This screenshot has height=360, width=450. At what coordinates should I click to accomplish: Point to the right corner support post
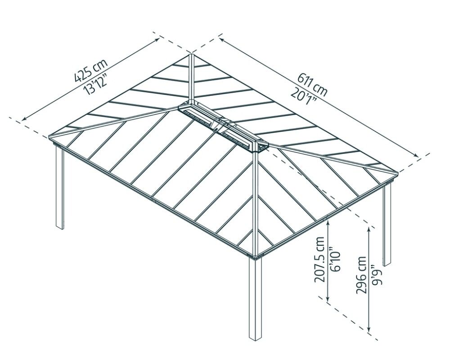pyautogui.click(x=387, y=225)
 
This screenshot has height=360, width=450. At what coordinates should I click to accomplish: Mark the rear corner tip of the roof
pyautogui.click(x=191, y=55)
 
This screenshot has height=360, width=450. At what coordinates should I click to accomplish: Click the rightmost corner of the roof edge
pyautogui.click(x=397, y=172)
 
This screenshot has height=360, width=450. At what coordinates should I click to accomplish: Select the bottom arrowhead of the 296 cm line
pyautogui.click(x=369, y=331)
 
